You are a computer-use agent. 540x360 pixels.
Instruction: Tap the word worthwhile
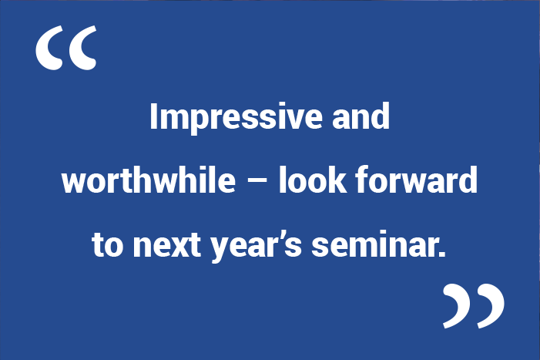[149, 180]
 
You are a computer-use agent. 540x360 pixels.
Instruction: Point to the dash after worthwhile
[257, 182]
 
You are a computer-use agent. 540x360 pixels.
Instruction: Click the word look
[312, 180]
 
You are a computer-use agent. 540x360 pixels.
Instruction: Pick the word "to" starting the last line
[107, 244]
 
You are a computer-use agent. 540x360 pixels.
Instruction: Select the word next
[167, 245]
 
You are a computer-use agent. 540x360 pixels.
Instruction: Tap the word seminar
[374, 244]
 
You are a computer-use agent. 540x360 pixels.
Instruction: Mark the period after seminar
[442, 254]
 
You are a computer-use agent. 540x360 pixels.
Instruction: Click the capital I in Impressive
[153, 116]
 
